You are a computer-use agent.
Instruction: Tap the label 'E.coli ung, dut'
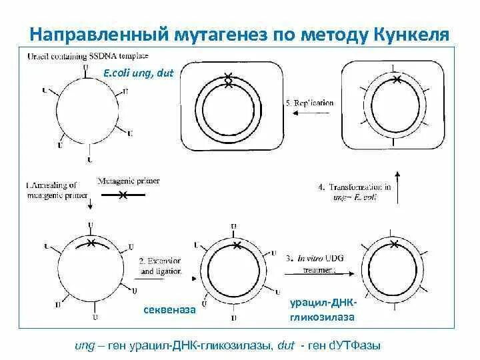point(138,73)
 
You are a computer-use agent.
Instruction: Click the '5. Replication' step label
point(309,103)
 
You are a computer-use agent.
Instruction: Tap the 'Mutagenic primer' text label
point(128,181)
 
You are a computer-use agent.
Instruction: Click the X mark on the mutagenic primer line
point(123,195)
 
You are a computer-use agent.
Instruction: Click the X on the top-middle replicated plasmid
point(229,80)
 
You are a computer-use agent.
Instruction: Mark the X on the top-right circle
point(397,80)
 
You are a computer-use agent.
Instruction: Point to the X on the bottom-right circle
point(395,245)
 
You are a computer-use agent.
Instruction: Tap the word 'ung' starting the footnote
point(85,345)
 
